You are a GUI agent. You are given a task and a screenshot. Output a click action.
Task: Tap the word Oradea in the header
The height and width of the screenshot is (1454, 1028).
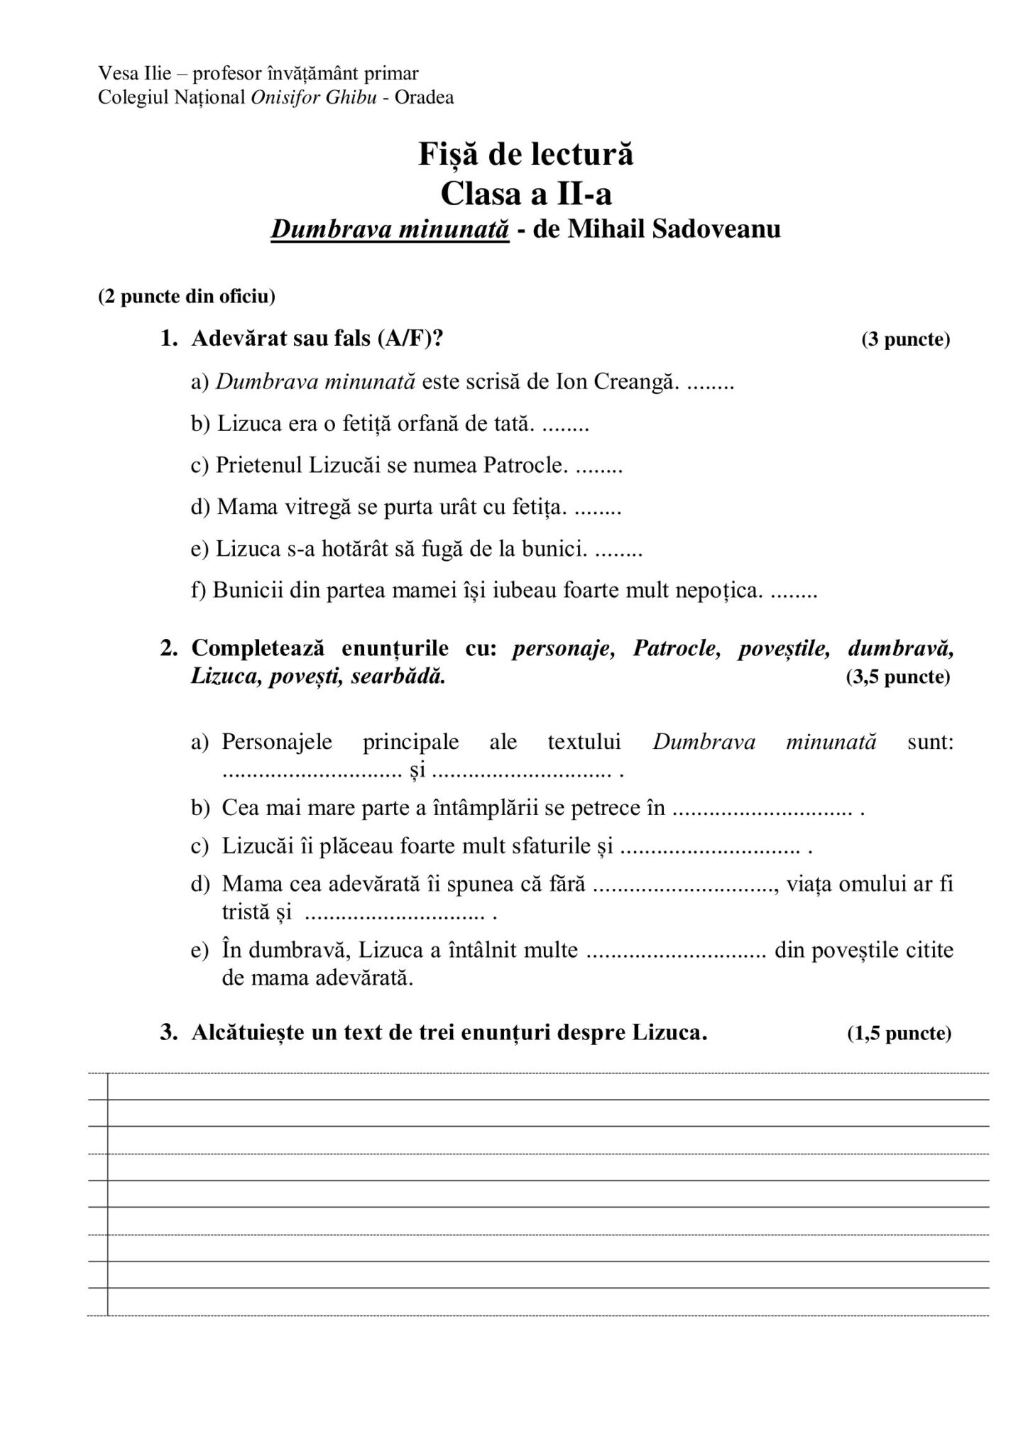(424, 97)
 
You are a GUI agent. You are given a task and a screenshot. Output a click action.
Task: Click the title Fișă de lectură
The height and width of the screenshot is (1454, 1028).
(525, 153)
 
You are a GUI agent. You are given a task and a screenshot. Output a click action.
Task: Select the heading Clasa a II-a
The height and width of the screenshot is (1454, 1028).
(525, 192)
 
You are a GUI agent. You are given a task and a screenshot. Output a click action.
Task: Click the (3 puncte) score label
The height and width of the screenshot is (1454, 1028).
(905, 339)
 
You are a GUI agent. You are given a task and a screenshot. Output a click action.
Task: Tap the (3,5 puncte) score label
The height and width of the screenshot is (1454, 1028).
(897, 677)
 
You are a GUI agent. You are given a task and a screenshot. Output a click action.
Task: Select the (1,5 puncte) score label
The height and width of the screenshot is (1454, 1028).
(899, 1034)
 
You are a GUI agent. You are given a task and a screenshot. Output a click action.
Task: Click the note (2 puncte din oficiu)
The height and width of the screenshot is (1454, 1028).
(187, 296)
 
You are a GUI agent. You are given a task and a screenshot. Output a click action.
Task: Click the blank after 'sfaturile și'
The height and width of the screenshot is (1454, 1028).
(710, 847)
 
